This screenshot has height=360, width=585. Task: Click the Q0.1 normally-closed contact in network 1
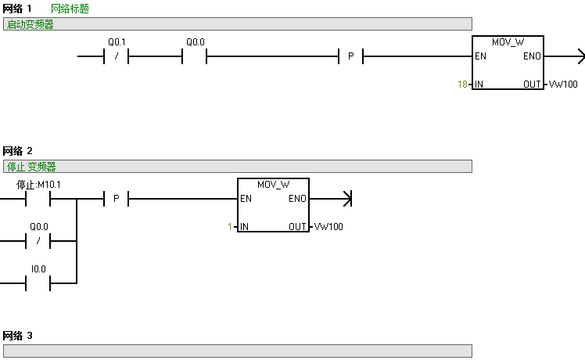point(116,56)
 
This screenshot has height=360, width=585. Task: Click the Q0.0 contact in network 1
point(195,56)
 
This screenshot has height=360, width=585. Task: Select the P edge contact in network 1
point(350,56)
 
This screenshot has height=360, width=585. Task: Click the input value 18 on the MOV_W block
point(462,84)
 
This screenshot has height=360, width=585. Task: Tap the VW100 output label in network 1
point(563,84)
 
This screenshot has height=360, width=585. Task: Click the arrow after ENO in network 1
point(579,56)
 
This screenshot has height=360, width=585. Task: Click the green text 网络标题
point(70,9)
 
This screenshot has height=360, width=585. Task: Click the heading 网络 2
point(18,150)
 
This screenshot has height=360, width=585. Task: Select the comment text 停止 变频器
point(31,167)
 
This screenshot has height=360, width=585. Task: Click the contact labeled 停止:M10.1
point(38,199)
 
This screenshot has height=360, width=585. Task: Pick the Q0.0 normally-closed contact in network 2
point(38,241)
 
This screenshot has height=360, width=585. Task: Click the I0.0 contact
point(38,283)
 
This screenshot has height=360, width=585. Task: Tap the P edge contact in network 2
point(116,199)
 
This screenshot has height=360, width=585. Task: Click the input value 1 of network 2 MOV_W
point(230,227)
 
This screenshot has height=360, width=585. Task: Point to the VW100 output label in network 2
point(328,227)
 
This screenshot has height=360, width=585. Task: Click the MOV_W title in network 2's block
point(273,185)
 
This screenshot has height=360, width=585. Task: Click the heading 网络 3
point(18,336)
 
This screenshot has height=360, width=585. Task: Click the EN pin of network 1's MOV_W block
point(480,56)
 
